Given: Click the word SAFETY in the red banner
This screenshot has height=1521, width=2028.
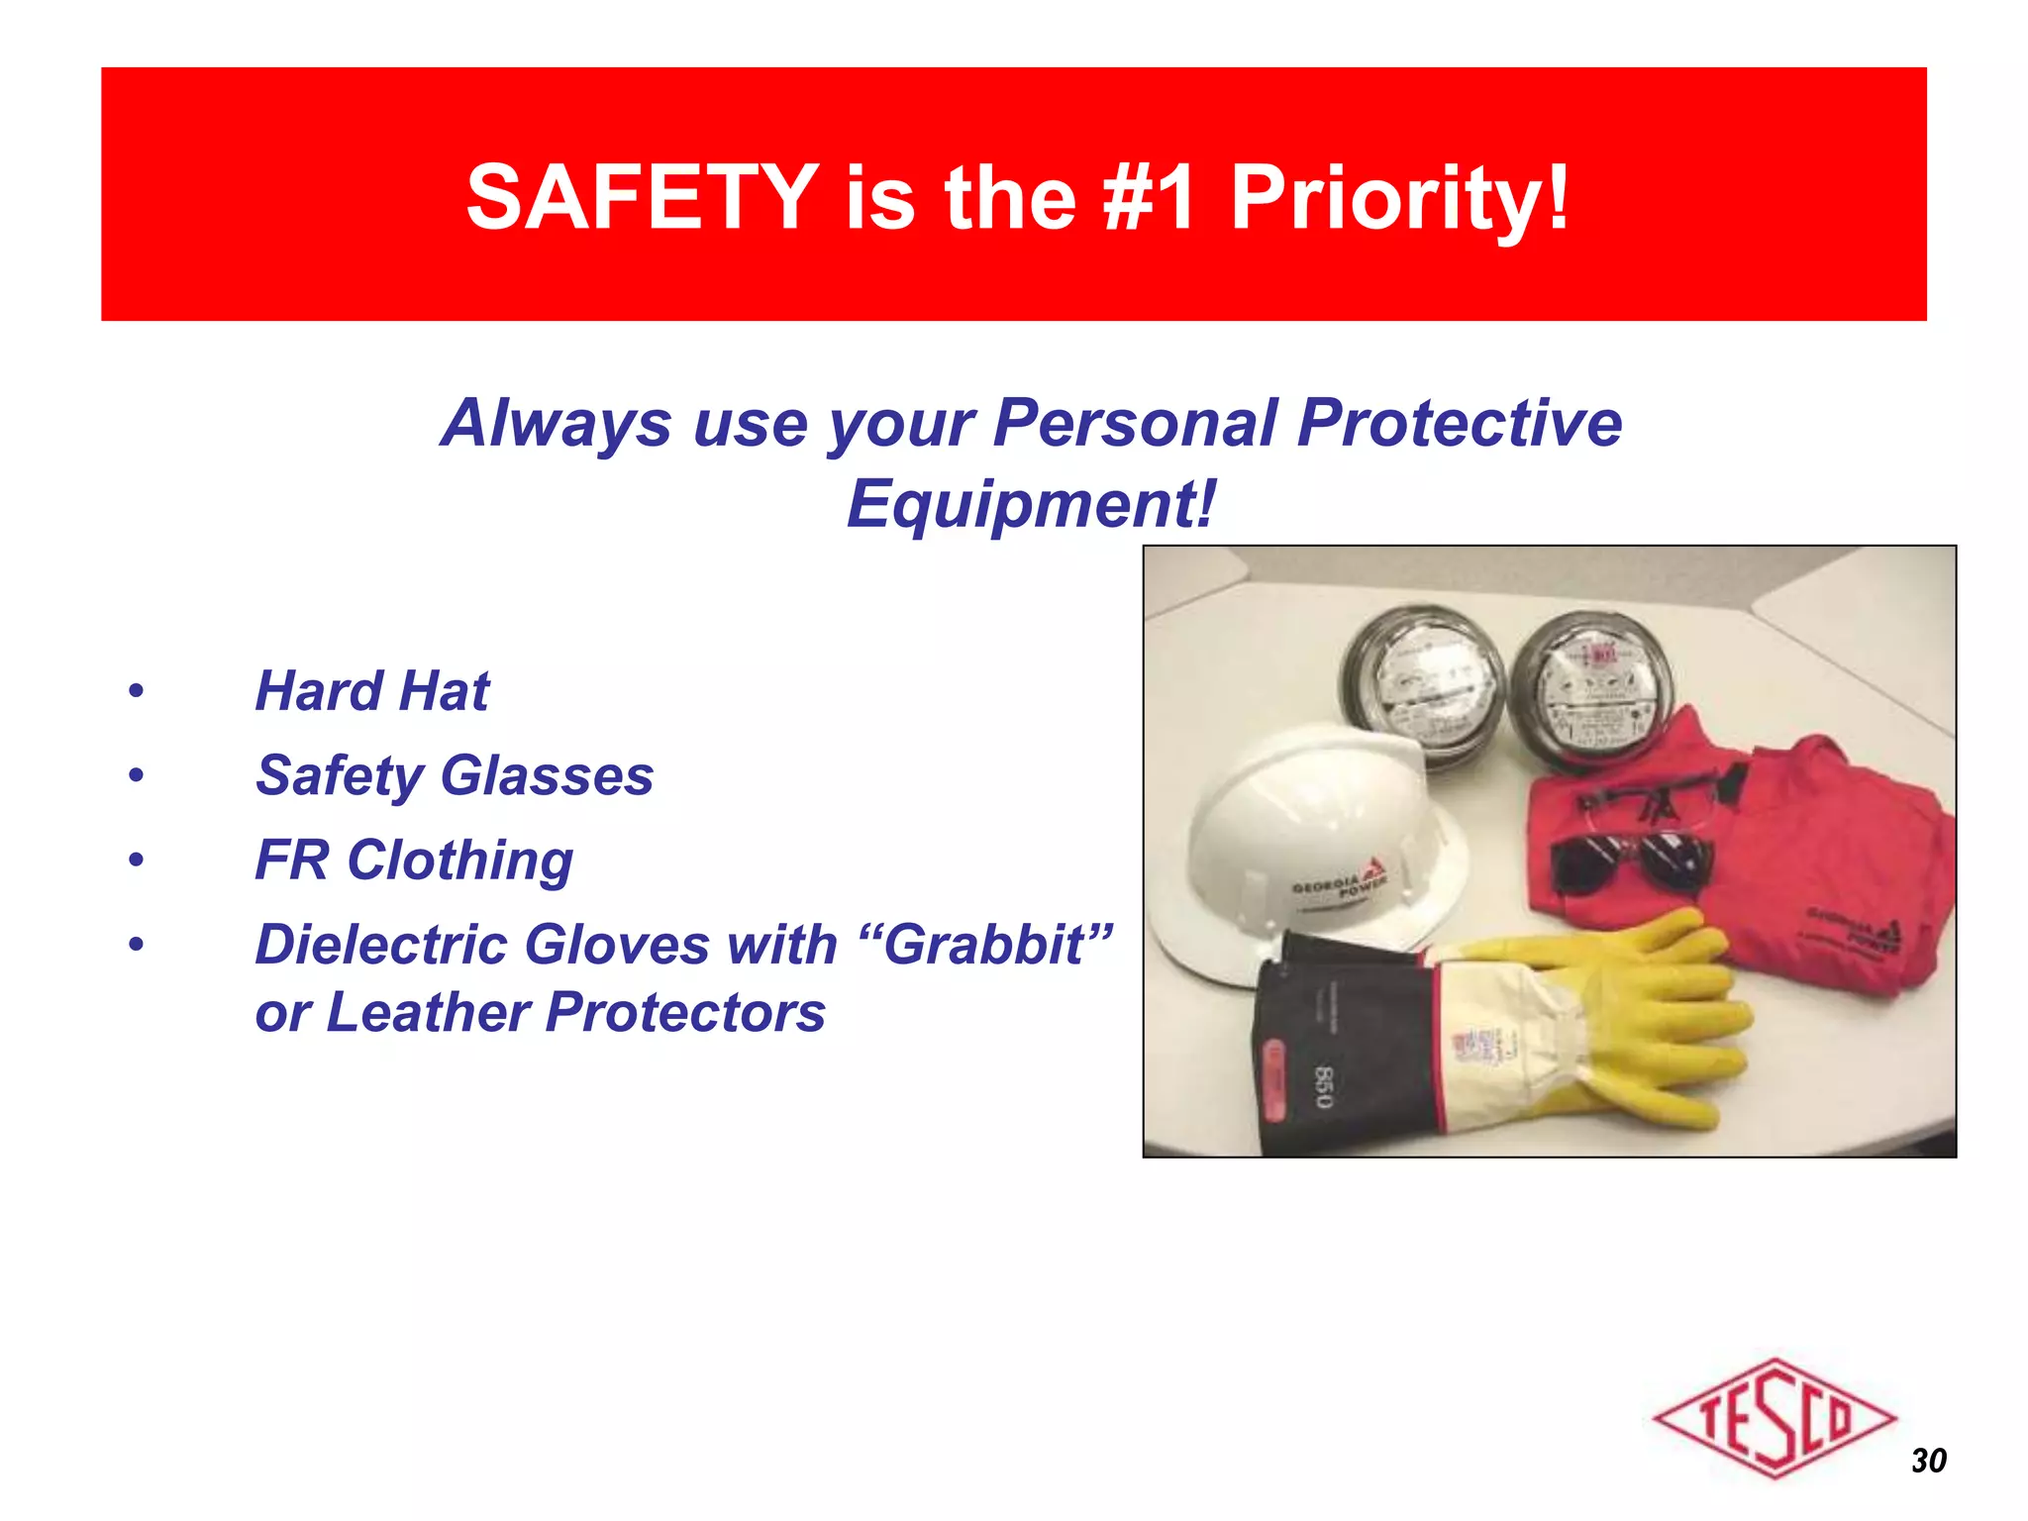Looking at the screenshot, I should coord(642,198).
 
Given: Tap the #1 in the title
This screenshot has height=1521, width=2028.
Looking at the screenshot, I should coord(1149,198).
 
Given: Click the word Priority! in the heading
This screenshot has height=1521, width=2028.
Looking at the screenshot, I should coord(1399,198).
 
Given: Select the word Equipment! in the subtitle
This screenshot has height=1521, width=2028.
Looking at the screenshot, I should coord(1030,504).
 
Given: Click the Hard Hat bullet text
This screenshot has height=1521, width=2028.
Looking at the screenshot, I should coord(371,690).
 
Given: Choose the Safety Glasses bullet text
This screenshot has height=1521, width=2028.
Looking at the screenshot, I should coord(455,774).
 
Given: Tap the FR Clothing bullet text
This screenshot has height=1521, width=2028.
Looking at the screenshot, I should coord(414,860).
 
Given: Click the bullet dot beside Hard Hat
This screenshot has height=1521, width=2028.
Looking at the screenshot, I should coord(136,691).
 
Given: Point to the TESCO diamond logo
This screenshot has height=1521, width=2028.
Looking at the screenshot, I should coord(1774,1417).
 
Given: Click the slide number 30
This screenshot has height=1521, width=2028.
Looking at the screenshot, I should coord(1928,1461).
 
